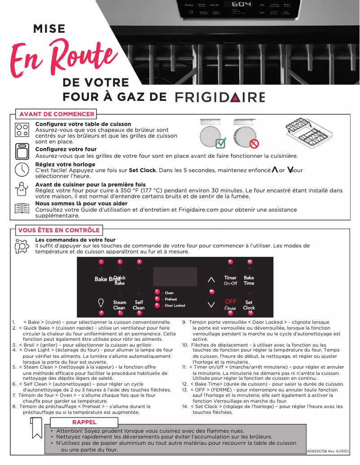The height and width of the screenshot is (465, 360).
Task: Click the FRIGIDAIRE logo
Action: (220, 97)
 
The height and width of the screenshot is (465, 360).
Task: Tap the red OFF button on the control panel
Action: (230, 301)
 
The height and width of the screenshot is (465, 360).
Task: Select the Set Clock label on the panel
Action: (249, 305)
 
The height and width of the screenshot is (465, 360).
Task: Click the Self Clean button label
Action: (139, 305)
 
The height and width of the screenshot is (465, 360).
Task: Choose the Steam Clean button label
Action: (119, 305)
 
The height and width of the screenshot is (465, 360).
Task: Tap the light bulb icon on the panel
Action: (101, 302)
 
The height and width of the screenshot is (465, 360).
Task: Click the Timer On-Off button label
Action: (230, 281)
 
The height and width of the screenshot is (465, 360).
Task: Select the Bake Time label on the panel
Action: (249, 281)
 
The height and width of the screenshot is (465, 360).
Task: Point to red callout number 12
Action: (250, 261)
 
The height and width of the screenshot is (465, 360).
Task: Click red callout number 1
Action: (101, 261)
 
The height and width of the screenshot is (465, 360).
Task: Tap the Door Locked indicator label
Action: (175, 305)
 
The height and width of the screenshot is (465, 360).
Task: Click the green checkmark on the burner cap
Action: (221, 143)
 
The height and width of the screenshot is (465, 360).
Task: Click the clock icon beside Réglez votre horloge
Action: (21, 169)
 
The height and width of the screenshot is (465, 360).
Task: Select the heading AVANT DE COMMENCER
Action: (57, 114)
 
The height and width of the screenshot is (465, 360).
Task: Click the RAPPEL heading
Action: (84, 422)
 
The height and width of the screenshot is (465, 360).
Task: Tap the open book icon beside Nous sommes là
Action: (21, 209)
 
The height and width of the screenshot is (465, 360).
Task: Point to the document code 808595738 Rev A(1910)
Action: (328, 451)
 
